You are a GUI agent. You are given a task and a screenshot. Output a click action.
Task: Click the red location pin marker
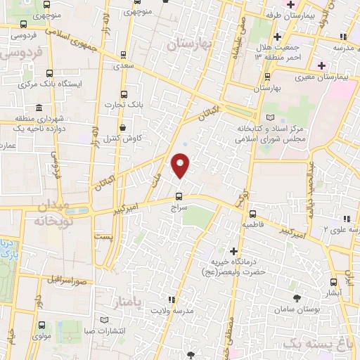(x=181, y=165)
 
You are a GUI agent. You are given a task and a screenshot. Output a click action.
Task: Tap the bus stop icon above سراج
(x=179, y=196)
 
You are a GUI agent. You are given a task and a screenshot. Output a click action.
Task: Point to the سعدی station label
(x=124, y=64)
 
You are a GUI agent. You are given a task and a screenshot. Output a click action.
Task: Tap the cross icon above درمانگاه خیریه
(x=233, y=251)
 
